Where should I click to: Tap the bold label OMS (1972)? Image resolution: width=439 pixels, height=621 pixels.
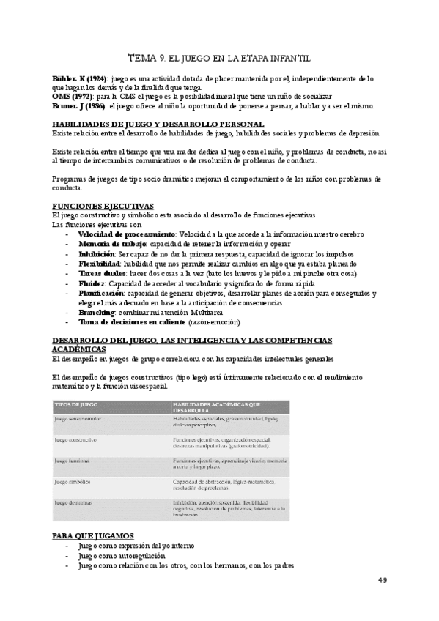(x=70, y=96)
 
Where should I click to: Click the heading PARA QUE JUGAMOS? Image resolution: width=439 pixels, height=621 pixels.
(x=98, y=536)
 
